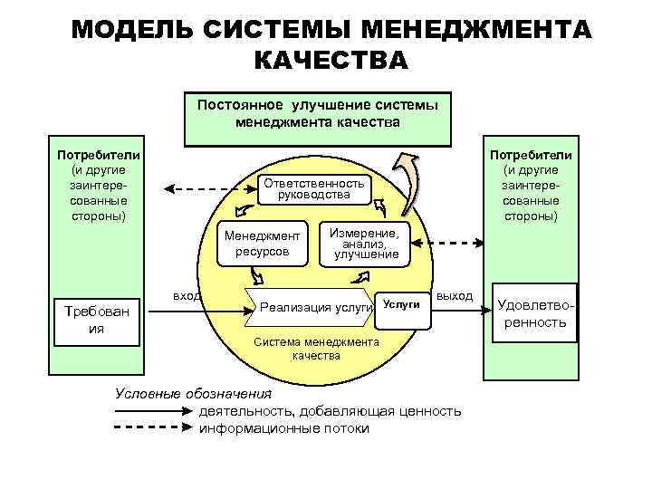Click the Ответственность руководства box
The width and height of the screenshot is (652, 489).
(313, 188)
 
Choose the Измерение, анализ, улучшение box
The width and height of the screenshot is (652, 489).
(366, 243)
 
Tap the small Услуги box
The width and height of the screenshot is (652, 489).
(400, 305)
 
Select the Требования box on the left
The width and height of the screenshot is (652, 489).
(95, 320)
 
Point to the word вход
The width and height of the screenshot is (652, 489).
(187, 296)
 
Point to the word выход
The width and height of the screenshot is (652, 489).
(454, 296)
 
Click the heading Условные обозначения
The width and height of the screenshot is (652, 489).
(193, 393)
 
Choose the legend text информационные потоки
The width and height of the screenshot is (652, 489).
(283, 428)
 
